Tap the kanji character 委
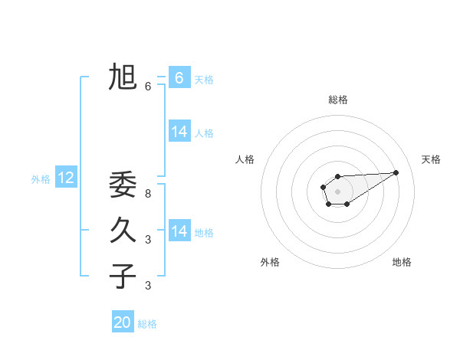(123, 185)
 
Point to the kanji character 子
(123, 276)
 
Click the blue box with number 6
(179, 77)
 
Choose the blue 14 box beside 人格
(179, 132)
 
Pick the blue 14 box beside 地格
(179, 231)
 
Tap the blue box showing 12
(66, 178)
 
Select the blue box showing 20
(123, 322)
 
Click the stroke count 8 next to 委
(148, 194)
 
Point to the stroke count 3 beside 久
(148, 240)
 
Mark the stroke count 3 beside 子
(148, 286)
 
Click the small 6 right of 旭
(148, 87)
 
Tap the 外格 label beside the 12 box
(41, 179)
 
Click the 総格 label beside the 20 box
(147, 324)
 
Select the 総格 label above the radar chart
(337, 100)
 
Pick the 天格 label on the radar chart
(431, 159)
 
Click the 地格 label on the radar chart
(402, 262)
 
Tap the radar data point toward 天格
(396, 172)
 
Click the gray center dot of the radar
(337, 191)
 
